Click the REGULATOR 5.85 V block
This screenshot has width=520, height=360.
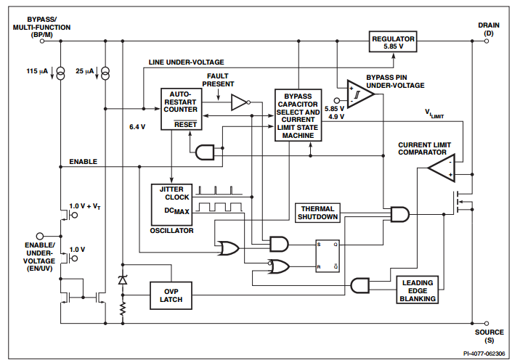[393, 41]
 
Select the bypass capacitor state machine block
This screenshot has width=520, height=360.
[298, 115]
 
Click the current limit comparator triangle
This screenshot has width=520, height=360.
[440, 169]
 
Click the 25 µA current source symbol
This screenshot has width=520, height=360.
[106, 73]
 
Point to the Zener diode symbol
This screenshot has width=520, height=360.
[122, 280]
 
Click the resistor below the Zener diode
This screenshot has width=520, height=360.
[122, 308]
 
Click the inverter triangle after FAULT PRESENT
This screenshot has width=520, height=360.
[239, 103]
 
